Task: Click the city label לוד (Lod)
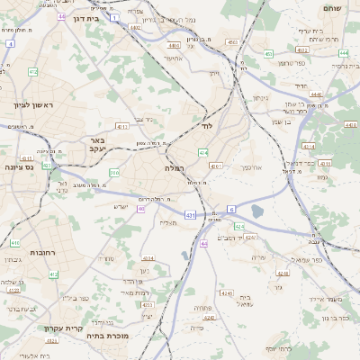pos(207,127)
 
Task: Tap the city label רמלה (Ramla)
pos(175,168)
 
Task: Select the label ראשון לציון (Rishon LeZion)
pos(32,106)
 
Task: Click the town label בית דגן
pos(85,18)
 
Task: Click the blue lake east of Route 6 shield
pos(259,212)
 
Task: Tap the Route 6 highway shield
pos(231,209)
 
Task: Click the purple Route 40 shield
pos(141,210)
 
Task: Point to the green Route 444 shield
pos(345,52)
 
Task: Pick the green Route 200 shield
pos(114,172)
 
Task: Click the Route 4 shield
pos(9,42)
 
